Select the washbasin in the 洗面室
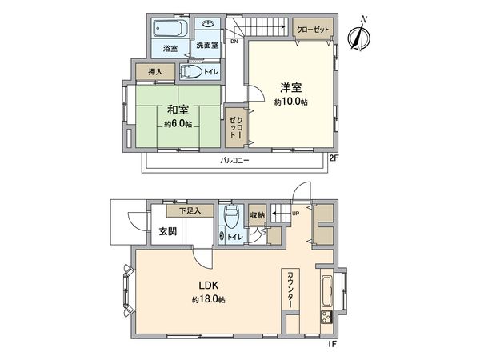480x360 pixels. (x=207, y=26)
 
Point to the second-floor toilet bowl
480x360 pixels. (x=192, y=73)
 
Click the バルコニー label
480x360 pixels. (x=235, y=161)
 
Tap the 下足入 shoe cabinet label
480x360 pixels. (x=190, y=210)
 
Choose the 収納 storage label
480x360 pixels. (x=256, y=214)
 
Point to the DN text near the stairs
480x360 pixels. (x=234, y=41)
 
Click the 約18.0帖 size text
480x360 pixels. (x=207, y=299)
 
